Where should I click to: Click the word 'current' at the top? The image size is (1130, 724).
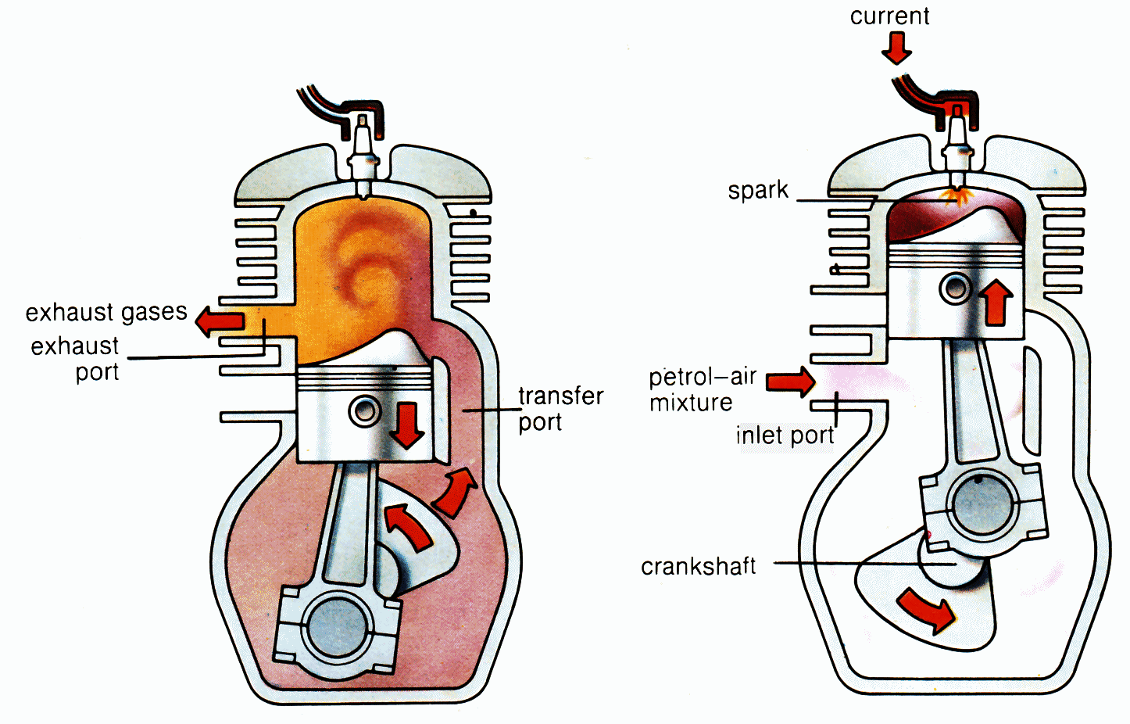click(x=889, y=16)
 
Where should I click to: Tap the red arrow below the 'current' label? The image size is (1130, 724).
click(x=896, y=48)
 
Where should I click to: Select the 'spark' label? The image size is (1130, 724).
click(x=758, y=191)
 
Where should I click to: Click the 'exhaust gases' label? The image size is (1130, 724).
click(x=106, y=313)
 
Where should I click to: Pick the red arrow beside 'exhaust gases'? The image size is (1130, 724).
click(x=220, y=321)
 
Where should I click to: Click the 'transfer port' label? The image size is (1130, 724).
click(x=560, y=409)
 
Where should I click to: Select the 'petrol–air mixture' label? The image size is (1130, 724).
click(x=703, y=390)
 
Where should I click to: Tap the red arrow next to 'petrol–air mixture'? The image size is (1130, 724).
click(x=790, y=382)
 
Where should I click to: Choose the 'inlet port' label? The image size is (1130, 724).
click(x=785, y=435)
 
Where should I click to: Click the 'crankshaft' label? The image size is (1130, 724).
click(x=698, y=567)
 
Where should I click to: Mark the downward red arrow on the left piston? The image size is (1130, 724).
click(x=406, y=425)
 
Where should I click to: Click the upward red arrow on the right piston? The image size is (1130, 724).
click(x=996, y=302)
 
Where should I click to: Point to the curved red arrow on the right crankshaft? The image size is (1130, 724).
click(x=927, y=609)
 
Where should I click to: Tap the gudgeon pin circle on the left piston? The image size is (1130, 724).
click(x=364, y=411)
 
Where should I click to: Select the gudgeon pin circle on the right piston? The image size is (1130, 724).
click(x=955, y=289)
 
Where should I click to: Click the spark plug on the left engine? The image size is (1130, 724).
click(x=362, y=156)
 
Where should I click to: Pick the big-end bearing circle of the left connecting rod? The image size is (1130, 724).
click(x=337, y=629)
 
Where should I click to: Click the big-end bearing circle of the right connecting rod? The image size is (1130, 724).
click(x=982, y=505)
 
